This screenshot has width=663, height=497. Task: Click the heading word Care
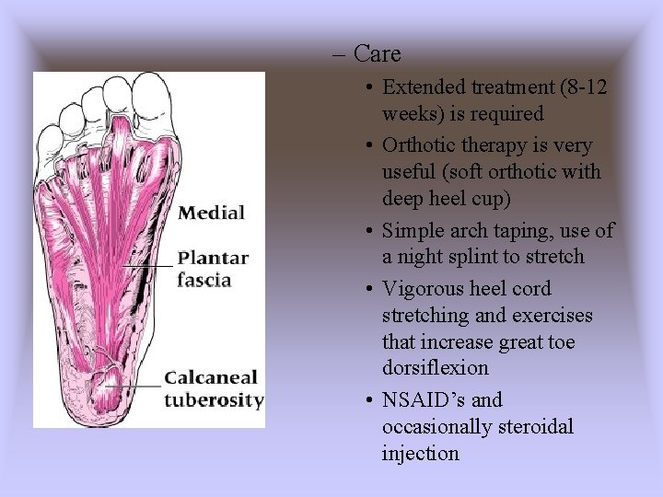point(377,54)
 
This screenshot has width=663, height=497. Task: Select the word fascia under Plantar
point(204,280)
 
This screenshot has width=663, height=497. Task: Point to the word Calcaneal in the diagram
point(212,378)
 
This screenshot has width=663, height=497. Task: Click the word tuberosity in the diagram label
point(214,400)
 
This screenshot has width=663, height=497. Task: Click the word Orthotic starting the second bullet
point(418,146)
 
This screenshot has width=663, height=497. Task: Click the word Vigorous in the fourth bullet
point(421,289)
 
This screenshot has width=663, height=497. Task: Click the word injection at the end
point(420,453)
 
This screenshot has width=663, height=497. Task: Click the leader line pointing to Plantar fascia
point(147,265)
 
